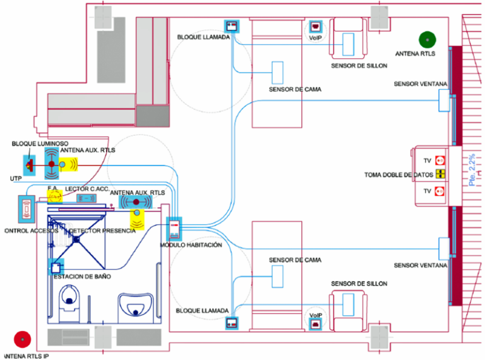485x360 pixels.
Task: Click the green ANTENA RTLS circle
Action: pyautogui.click(x=428, y=40)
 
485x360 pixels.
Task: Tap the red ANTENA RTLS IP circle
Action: pyautogui.click(x=23, y=340)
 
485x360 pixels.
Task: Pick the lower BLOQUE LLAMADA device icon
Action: pyautogui.click(x=232, y=323)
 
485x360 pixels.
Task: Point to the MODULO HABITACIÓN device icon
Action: pyautogui.click(x=174, y=228)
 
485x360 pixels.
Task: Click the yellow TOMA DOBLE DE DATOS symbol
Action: pyautogui.click(x=441, y=174)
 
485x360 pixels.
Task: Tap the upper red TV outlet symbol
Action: pyautogui.click(x=441, y=160)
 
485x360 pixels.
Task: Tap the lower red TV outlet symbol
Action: pyautogui.click(x=441, y=189)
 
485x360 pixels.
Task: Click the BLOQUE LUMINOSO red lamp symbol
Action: pyautogui.click(x=29, y=165)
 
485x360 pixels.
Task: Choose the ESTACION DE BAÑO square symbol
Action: pyautogui.click(x=56, y=267)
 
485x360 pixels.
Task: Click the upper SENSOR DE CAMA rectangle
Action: pyautogui.click(x=277, y=72)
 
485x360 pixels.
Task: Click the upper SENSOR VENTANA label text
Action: pyautogui.click(x=421, y=84)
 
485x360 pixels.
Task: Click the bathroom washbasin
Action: pyautogui.click(x=137, y=306)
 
